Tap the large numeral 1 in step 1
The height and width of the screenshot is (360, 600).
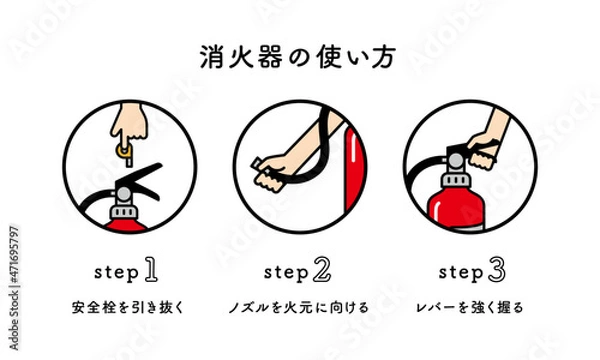pyautogui.click(x=150, y=269)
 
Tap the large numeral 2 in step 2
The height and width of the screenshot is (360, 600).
pyautogui.click(x=321, y=269)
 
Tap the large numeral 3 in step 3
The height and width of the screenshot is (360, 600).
pyautogui.click(x=495, y=269)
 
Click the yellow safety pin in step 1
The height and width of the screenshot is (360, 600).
pyautogui.click(x=123, y=152)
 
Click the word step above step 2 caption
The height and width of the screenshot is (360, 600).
pyautogui.click(x=285, y=272)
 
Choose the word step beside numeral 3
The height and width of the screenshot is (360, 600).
pyautogui.click(x=459, y=272)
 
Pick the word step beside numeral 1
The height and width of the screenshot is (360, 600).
pyautogui.click(x=113, y=272)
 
